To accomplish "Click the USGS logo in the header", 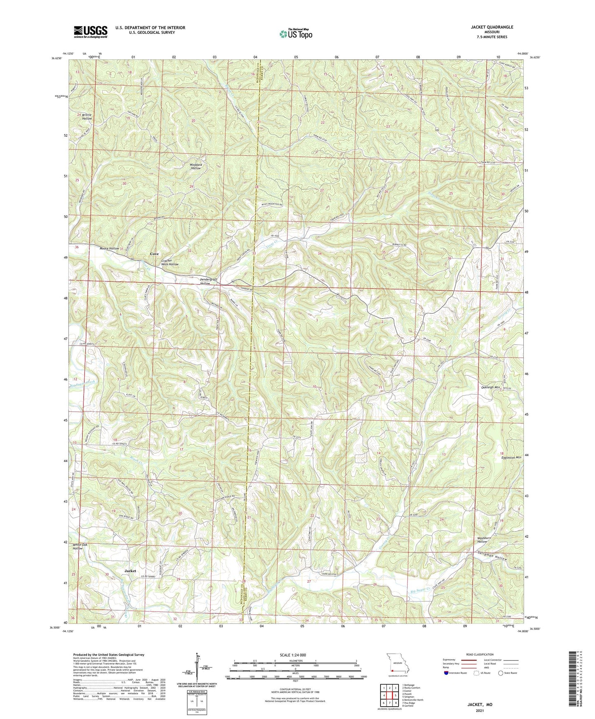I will tap(90, 32).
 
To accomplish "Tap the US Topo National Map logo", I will tap(295, 34).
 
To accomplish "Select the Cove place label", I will tap(154, 254).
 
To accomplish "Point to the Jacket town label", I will tap(131, 571).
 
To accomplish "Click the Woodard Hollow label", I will tap(196, 166).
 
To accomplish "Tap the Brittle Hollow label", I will tap(87, 117).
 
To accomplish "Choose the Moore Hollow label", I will tap(109, 249).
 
